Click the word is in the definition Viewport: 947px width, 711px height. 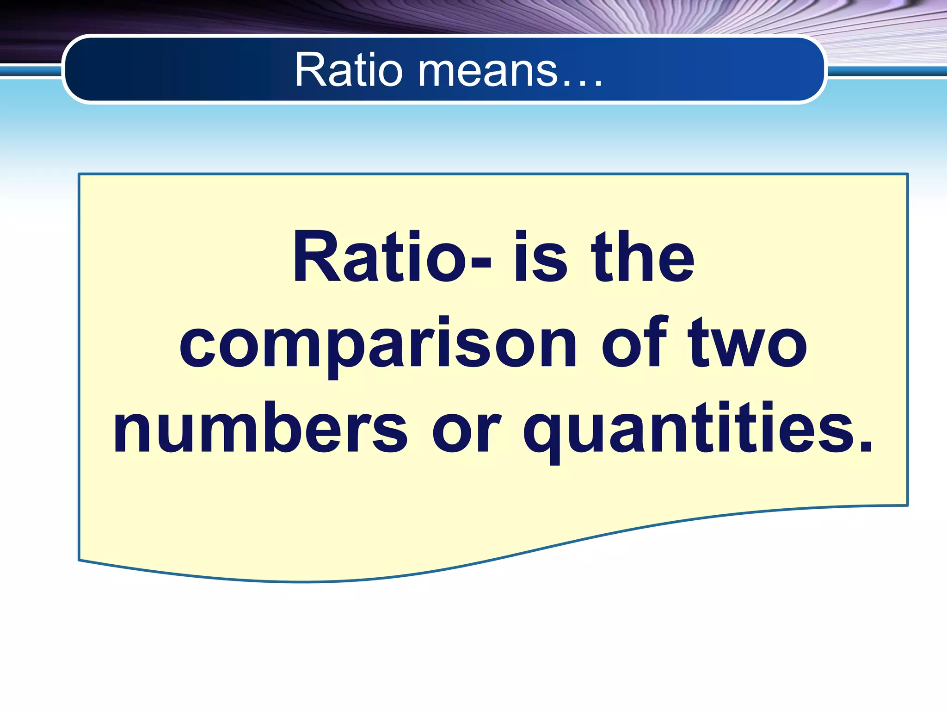(540, 257)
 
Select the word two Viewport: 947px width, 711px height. (747, 343)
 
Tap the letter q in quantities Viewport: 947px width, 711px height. (541, 435)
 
